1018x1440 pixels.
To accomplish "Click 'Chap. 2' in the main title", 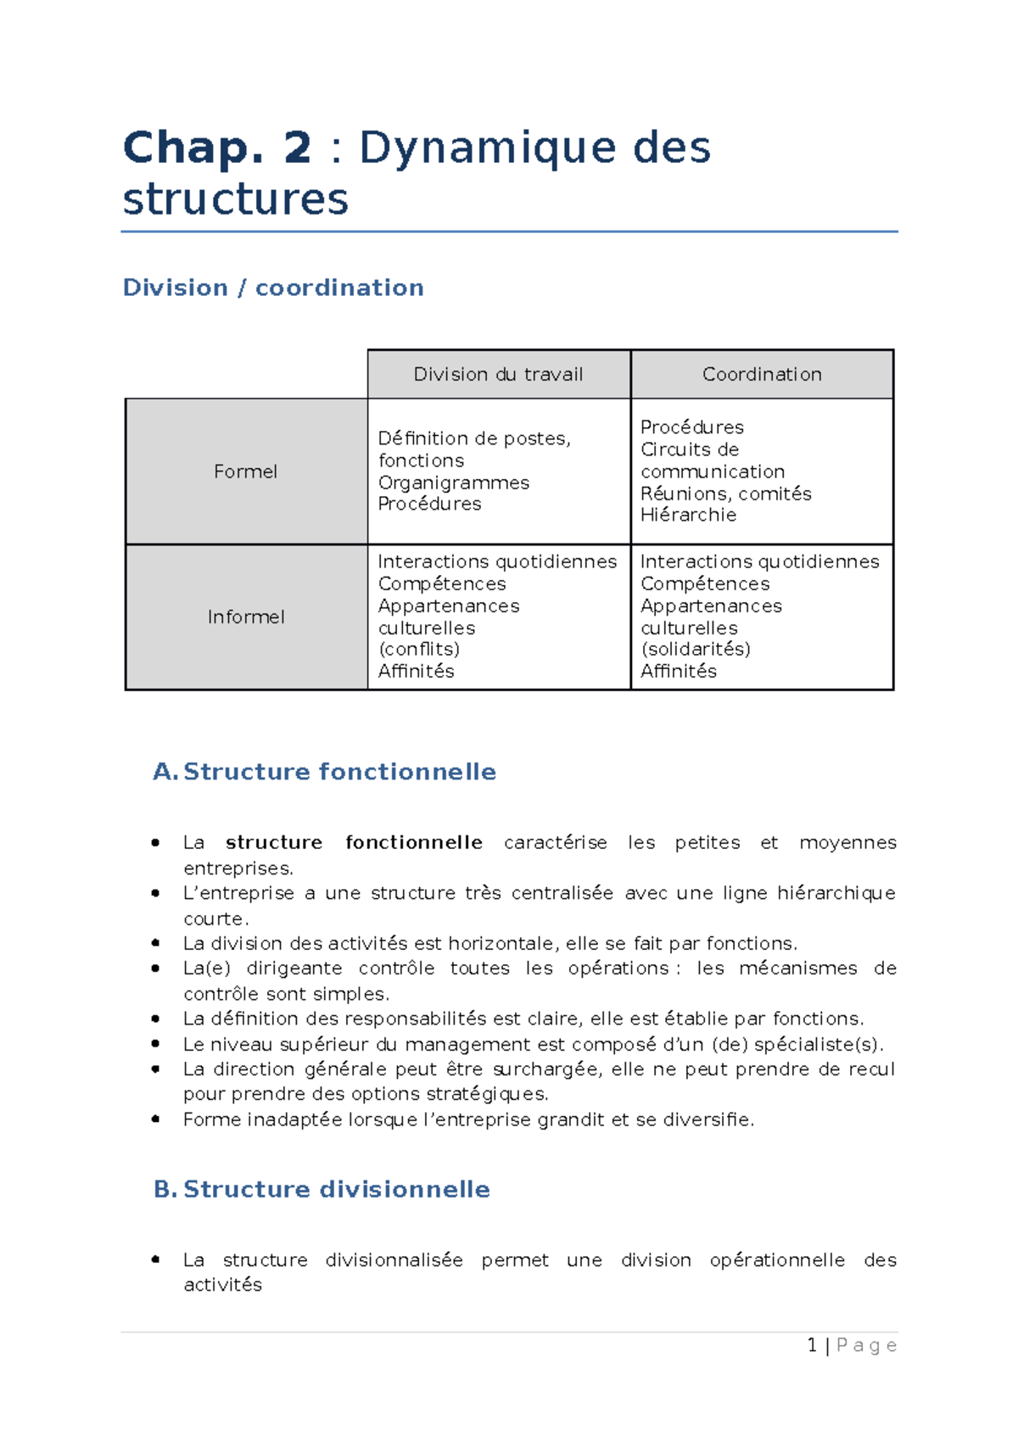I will click(217, 148).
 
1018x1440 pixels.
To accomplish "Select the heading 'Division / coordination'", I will click(273, 287).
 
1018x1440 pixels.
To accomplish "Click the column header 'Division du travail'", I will click(498, 374).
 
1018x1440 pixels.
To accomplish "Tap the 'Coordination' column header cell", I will click(762, 374).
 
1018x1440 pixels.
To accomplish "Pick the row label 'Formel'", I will click(245, 472).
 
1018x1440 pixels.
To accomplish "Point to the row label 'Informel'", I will click(246, 617).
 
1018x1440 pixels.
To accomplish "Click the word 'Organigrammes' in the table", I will click(454, 483).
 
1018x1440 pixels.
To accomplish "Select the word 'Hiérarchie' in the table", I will click(688, 515).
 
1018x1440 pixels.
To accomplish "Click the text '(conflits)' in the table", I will click(419, 649).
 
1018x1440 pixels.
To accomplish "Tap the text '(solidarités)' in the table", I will click(696, 649).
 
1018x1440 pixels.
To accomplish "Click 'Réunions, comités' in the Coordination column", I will click(725, 494).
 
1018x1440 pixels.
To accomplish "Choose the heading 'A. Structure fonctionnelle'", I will click(325, 772).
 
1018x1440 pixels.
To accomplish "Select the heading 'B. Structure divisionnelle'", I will click(322, 1189).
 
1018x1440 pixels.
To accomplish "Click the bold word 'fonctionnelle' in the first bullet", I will click(414, 842).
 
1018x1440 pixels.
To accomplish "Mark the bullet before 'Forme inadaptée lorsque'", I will click(156, 1119).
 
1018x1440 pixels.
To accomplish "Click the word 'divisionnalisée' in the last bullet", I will click(394, 1259).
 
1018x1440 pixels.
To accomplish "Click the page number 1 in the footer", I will click(812, 1345).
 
